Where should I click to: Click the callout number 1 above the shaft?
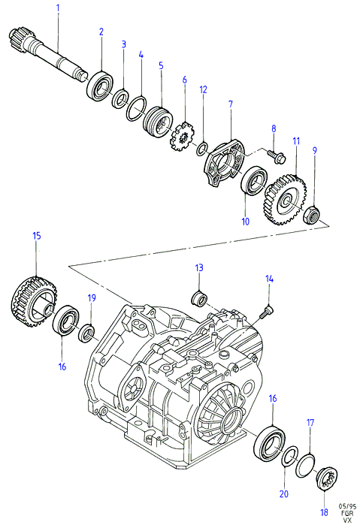point(58,8)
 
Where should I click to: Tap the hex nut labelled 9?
point(312,214)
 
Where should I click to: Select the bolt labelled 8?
point(277,155)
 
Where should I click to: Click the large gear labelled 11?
point(285,200)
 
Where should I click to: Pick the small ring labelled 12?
point(202,149)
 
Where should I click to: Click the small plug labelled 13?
point(200,299)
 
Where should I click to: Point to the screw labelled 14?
point(267,310)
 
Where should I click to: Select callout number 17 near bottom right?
point(310,423)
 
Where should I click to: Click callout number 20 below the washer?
point(283,493)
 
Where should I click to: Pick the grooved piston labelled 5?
point(158,120)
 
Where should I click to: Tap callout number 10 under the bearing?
point(245,222)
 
